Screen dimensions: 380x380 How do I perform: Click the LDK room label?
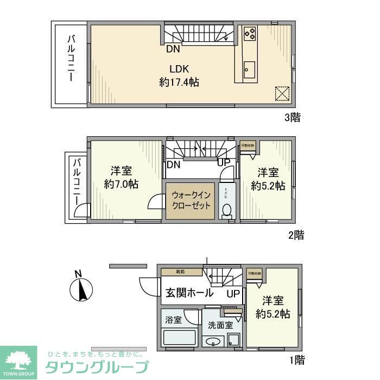[x=179, y=69]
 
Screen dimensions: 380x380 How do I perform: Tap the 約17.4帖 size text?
[x=179, y=83]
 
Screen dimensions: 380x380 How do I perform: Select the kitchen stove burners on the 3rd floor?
[x=250, y=34]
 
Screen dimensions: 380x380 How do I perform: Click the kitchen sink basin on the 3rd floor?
[x=249, y=69]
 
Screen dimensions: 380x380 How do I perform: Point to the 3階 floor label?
[x=293, y=117]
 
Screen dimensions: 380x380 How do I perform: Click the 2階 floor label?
[x=296, y=235]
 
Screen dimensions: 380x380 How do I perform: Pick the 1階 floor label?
[x=297, y=359]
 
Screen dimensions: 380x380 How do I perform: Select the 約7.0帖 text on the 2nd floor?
[x=121, y=184]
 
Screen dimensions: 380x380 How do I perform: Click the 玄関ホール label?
[x=188, y=293]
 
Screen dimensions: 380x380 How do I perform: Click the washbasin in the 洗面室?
[x=213, y=342]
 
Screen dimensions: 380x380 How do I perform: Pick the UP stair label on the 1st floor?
[x=233, y=294]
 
